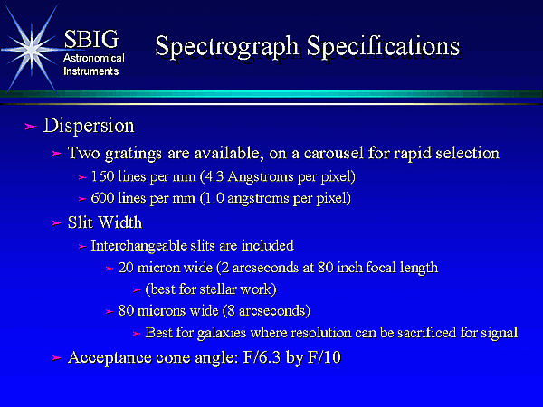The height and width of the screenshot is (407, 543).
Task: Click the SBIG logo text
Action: [x=91, y=39]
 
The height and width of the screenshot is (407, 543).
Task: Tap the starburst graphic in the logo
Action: [x=32, y=50]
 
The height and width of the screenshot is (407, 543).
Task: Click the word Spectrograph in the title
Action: [x=227, y=47]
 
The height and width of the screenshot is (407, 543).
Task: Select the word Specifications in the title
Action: [x=384, y=46]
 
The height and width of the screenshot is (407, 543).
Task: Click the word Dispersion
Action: [x=89, y=126]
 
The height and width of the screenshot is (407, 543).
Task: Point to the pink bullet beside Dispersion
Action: [x=31, y=127]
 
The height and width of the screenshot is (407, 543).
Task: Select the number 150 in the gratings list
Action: [x=102, y=176]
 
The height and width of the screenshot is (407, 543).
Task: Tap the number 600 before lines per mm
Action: [x=102, y=198]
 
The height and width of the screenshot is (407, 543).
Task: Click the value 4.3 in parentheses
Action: [x=214, y=176]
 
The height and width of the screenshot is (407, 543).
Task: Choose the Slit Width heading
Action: [x=105, y=222]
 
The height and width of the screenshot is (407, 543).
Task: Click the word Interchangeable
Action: [x=138, y=246]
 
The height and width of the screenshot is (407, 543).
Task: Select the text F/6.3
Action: [x=262, y=357]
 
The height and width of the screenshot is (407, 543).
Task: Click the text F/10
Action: [x=324, y=357]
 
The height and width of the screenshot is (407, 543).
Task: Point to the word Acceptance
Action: [x=110, y=358]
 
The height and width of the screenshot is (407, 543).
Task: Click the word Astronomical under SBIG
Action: [x=94, y=58]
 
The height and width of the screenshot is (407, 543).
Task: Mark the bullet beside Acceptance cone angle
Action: [x=56, y=358]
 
